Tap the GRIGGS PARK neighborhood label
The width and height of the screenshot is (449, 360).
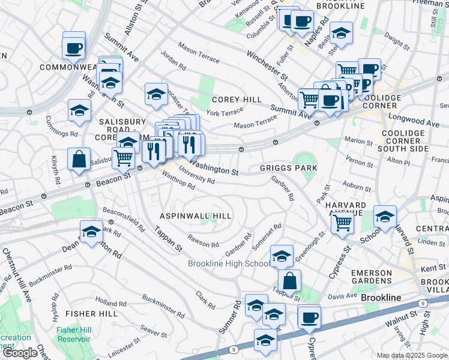coord(289,168)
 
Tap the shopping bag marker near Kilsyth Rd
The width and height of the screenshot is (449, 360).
coord(79,160)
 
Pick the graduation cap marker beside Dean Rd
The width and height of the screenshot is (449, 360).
coord(91,232)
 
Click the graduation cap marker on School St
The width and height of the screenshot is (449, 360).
coord(385,217)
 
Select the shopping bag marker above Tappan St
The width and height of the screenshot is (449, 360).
coord(289,281)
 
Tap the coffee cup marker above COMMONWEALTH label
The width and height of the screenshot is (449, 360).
coord(74,47)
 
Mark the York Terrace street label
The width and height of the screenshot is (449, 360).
coord(225,112)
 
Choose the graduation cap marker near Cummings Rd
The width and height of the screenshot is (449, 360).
coord(79,111)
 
